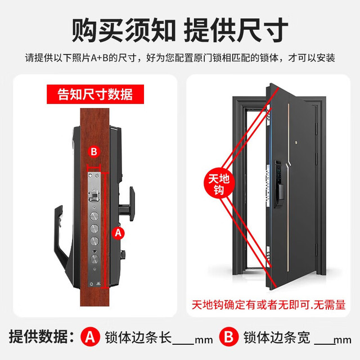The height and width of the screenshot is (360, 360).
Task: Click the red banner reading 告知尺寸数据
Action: pyautogui.click(x=95, y=94)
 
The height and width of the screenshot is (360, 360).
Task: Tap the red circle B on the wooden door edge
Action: pyautogui.click(x=94, y=152)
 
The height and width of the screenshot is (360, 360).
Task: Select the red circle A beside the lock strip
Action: pyautogui.click(x=118, y=233)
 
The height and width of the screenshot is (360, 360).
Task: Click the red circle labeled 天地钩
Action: pyautogui.click(x=219, y=184)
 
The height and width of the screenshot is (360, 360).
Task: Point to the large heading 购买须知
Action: pyautogui.click(x=124, y=30)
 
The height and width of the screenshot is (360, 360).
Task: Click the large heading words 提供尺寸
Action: pyautogui.click(x=236, y=30)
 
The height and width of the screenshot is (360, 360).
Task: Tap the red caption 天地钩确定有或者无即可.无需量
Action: pyautogui.click(x=269, y=305)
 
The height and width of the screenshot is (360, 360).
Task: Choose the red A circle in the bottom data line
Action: pyautogui.click(x=90, y=337)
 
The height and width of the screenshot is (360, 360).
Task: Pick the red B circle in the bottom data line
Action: pyautogui.click(x=229, y=337)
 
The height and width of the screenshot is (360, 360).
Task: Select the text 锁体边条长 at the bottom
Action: pyautogui.click(x=138, y=337)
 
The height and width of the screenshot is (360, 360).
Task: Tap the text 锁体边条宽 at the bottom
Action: pyautogui.click(x=277, y=337)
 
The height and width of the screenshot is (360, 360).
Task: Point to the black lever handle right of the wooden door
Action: pyautogui.click(x=127, y=204)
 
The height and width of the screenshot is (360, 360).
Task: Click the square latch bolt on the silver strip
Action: pyautogui.click(x=94, y=196)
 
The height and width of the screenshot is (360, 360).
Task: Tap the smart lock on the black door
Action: pyautogui.click(x=279, y=183)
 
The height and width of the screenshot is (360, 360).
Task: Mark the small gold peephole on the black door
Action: pyautogui.click(x=296, y=143)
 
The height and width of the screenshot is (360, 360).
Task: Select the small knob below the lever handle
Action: pyautogui.click(x=123, y=254)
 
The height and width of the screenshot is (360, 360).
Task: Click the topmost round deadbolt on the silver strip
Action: pyautogui.click(x=94, y=216)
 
